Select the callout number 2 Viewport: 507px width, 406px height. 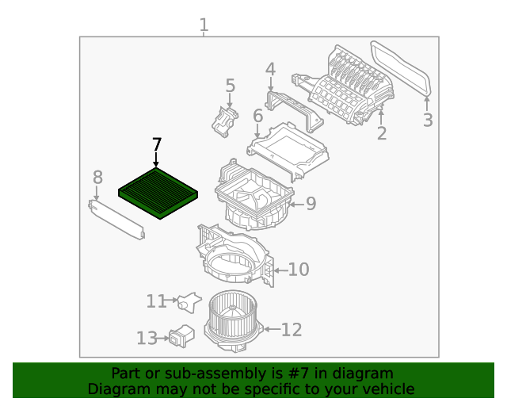(382, 133)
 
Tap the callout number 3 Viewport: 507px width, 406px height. (427, 121)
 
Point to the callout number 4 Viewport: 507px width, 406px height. (270, 70)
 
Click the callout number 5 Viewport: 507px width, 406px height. (230, 86)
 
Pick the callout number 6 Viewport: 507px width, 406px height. (257, 117)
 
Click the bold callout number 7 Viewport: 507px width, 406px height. (156, 145)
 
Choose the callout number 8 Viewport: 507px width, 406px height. (97, 177)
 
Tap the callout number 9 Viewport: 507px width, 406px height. (311, 204)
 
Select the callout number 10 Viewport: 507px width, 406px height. (298, 270)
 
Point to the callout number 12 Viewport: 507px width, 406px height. (292, 329)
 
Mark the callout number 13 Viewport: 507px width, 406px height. (147, 339)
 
